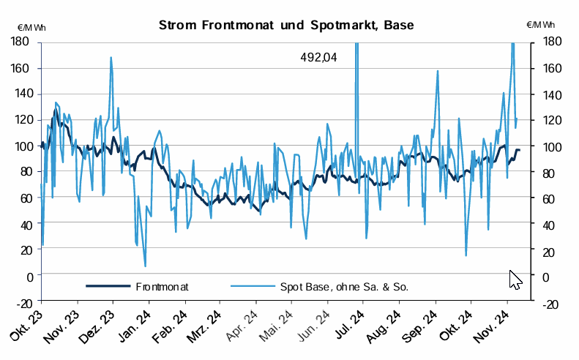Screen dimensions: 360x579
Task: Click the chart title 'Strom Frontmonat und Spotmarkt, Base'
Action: pyautogui.click(x=286, y=26)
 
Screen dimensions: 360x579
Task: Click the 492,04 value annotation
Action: pyautogui.click(x=318, y=57)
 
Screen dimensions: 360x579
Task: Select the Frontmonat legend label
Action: pyautogui.click(x=162, y=287)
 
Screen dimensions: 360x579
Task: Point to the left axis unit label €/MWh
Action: pyautogui.click(x=31, y=26)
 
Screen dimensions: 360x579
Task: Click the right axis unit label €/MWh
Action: pyautogui.click(x=542, y=26)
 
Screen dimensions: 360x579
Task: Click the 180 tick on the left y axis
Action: pyautogui.click(x=20, y=42)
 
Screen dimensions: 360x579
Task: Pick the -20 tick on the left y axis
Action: pyautogui.click(x=22, y=301)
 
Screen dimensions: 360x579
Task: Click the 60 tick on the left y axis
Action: pyautogui.click(x=24, y=198)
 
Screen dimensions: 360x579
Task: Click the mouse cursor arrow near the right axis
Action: pyautogui.click(x=515, y=279)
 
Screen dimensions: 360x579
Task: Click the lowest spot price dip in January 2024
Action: pyautogui.click(x=145, y=266)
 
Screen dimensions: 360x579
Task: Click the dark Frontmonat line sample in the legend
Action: pyautogui.click(x=108, y=287)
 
